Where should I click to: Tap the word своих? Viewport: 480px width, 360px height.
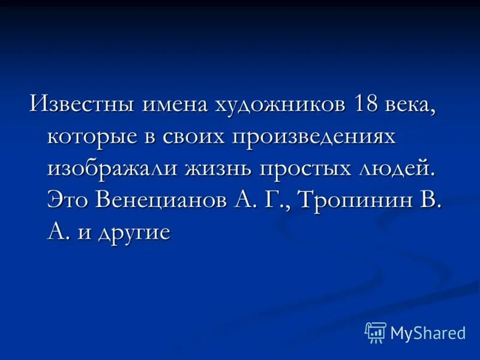(194, 136)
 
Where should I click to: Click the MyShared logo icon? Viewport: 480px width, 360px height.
(375, 332)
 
